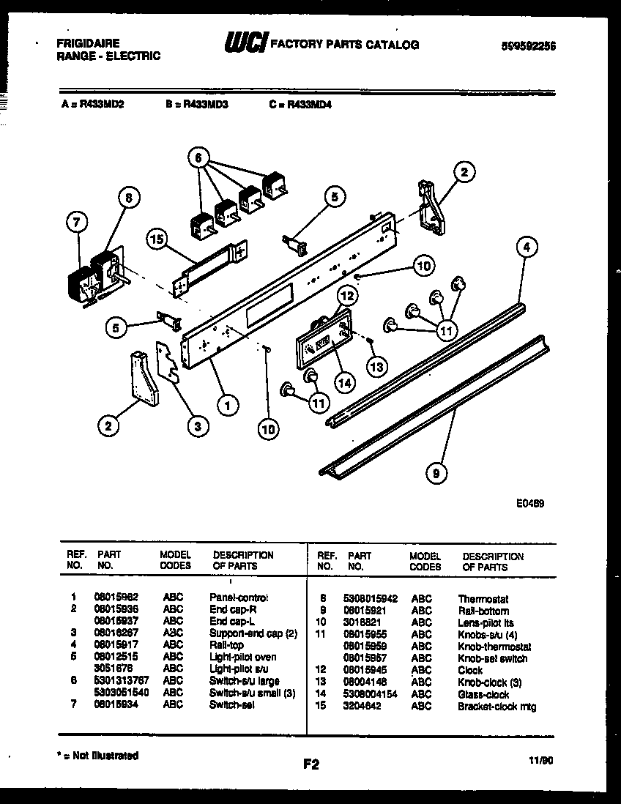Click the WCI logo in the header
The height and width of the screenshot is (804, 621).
(x=246, y=44)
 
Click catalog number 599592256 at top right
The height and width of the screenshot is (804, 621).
(x=529, y=45)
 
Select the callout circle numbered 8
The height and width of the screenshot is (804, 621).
(x=127, y=197)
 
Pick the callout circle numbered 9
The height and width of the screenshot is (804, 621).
(x=436, y=474)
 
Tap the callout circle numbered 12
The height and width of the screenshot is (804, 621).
(x=346, y=296)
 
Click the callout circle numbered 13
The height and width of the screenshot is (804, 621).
(x=376, y=365)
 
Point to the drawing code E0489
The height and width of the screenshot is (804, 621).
(x=529, y=504)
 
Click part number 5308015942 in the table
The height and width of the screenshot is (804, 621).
(x=372, y=598)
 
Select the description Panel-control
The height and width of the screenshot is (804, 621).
(x=239, y=597)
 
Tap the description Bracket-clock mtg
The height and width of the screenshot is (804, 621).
(x=497, y=706)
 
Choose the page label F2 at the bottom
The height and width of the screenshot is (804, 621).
(x=310, y=764)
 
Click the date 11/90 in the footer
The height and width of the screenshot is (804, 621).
(x=543, y=762)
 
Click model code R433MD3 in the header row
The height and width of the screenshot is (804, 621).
(x=197, y=105)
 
